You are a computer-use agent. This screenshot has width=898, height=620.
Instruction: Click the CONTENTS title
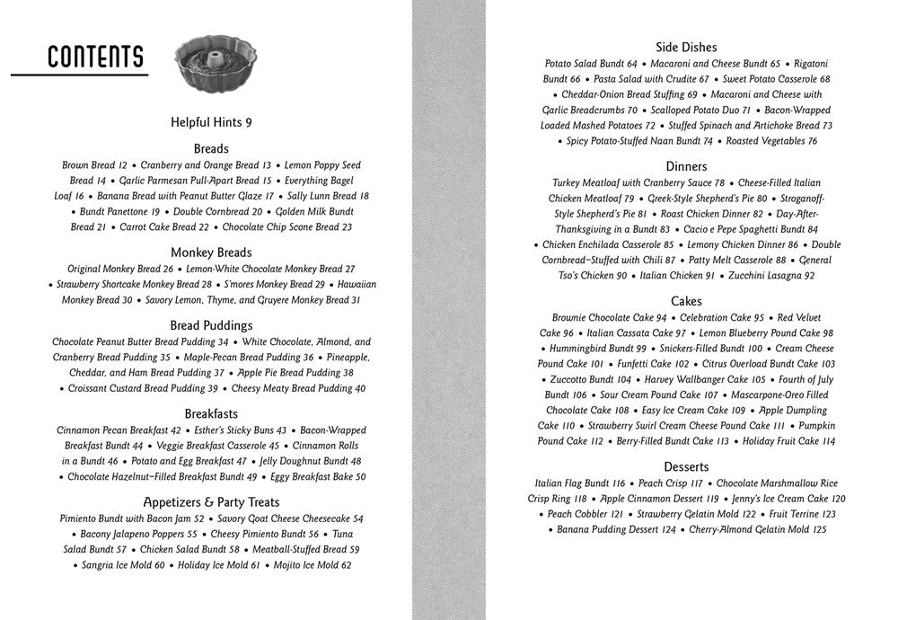[x=95, y=57]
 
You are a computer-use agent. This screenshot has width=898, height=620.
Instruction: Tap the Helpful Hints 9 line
[x=211, y=122]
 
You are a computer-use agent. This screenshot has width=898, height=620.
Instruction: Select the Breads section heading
[x=211, y=148]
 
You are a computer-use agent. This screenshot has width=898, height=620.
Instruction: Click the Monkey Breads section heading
[x=211, y=252]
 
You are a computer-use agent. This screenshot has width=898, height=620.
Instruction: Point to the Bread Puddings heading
[x=211, y=325]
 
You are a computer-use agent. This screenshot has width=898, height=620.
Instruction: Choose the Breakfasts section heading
[x=211, y=413]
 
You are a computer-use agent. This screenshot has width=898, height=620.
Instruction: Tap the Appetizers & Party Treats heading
[x=211, y=502]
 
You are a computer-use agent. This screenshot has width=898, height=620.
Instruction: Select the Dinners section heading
[x=686, y=166]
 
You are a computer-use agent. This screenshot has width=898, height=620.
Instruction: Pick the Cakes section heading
[x=686, y=301]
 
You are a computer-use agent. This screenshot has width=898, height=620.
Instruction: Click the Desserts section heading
[x=686, y=466]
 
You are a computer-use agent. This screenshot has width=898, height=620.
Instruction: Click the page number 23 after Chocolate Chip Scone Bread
[x=346, y=227]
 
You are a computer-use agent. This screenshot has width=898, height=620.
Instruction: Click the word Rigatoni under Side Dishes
[x=811, y=64]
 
